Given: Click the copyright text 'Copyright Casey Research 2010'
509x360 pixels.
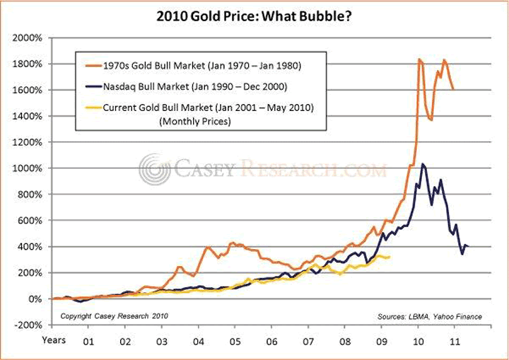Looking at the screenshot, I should pos(115,315).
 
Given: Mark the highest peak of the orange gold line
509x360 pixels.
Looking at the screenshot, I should pos(420,59).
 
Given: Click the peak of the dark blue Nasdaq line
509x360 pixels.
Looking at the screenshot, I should pos(423,164).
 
